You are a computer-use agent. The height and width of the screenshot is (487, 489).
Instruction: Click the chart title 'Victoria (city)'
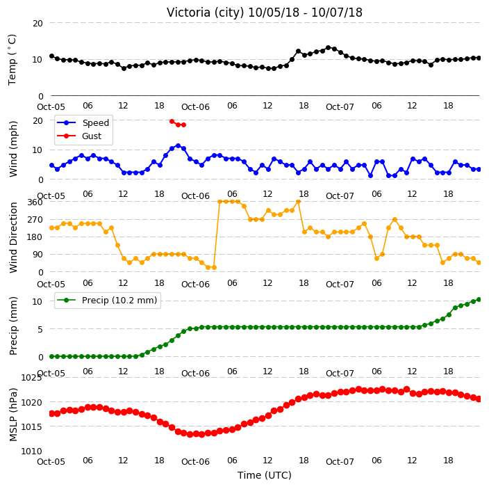pos(206,13)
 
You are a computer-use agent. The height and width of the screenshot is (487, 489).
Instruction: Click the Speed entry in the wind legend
pos(83,122)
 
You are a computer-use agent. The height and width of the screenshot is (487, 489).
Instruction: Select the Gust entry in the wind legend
pos(79,136)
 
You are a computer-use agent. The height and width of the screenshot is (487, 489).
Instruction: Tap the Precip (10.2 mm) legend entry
pos(107,300)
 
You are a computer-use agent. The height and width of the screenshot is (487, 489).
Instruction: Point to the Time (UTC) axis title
pos(265,475)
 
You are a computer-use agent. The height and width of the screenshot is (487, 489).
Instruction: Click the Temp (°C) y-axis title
pos(13,60)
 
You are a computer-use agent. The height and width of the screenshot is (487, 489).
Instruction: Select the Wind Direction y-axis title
pos(13,237)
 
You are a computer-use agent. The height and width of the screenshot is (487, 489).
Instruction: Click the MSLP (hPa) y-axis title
pos(13,415)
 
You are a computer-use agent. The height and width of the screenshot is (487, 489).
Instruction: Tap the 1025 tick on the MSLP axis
pos(31,378)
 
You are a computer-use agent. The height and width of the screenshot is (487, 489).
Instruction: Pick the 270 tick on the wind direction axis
pos(35,220)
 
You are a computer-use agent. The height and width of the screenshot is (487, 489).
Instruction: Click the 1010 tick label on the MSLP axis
pos(31,451)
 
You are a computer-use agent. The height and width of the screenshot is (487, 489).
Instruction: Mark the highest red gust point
pos(172,121)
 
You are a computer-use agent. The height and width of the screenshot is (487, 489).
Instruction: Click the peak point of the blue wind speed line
pos(178,145)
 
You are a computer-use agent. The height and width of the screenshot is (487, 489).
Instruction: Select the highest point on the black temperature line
pos(328,48)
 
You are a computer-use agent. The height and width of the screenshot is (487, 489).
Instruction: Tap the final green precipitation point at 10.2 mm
pos(479,300)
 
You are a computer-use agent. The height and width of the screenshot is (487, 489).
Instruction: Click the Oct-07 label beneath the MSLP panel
pos(340,462)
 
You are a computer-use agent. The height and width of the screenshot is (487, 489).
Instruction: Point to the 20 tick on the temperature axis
pos(38,23)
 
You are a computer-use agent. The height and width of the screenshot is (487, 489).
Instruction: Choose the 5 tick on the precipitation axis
pos(40,329)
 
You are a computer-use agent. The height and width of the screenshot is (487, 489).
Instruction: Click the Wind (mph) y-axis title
pos(13,149)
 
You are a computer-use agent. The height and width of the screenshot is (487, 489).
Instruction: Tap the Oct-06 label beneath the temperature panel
pos(196,107)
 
